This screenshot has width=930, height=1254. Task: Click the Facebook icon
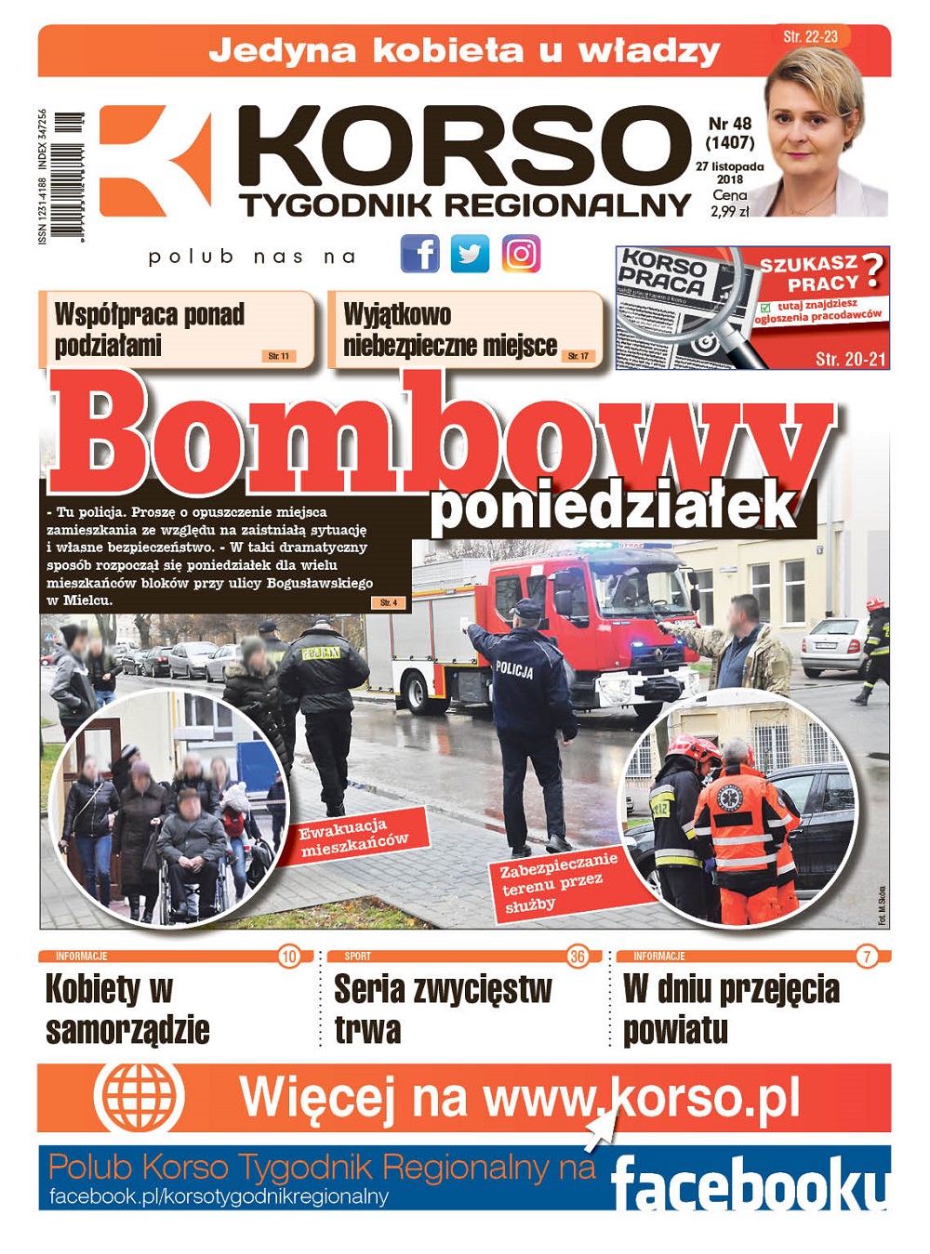point(419,254)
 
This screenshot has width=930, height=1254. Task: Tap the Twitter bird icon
point(470,254)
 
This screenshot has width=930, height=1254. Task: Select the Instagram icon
point(521,254)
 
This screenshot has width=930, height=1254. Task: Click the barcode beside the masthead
point(68,177)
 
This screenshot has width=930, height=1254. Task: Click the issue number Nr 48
point(730,124)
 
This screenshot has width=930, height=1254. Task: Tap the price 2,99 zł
point(729,212)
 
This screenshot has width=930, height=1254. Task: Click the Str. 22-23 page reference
point(810,37)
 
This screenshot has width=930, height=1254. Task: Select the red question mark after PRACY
point(872,271)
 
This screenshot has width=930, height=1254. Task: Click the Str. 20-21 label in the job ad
point(850,359)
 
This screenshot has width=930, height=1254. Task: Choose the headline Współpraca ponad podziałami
point(149,329)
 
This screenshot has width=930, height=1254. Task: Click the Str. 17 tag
point(578,356)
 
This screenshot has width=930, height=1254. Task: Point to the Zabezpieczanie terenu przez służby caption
point(558,882)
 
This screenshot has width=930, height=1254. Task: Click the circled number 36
point(578,957)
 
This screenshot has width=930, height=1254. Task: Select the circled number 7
point(867,957)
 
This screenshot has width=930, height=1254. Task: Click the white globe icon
point(139,1097)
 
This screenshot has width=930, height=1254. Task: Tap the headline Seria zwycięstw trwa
point(443,1010)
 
